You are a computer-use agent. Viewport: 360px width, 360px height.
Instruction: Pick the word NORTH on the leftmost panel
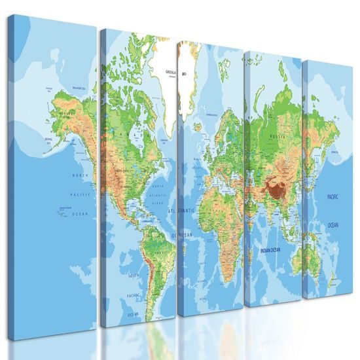point(81,175)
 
